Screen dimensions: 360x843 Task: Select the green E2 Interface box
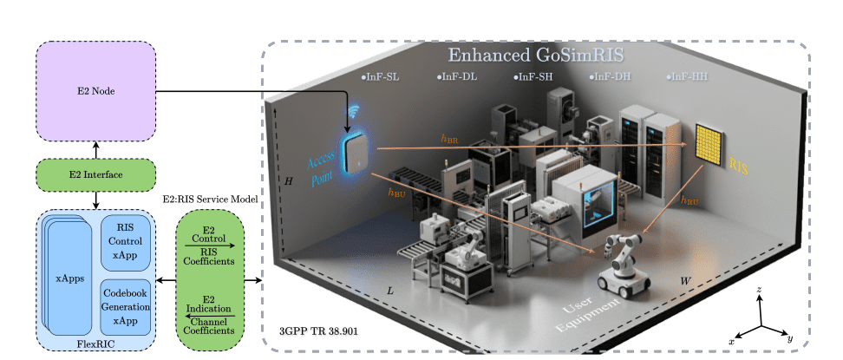coord(95,175)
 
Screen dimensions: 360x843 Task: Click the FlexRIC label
coord(95,344)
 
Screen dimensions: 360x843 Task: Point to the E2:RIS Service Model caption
coord(211,199)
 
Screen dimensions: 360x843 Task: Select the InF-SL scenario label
coord(382,77)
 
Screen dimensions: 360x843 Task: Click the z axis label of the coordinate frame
coord(760,288)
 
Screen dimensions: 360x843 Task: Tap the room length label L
coord(390,289)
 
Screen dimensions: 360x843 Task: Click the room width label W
coord(685,281)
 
